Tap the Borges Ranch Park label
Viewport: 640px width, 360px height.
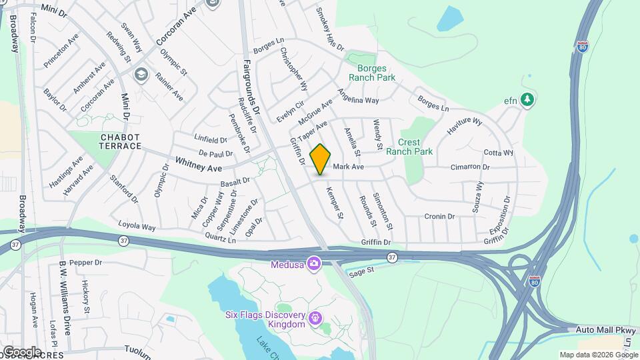pos(376,73)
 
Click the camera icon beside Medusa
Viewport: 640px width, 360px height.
pos(314,263)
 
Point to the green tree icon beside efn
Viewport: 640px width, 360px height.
pos(528,99)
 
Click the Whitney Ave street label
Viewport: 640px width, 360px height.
pos(198,164)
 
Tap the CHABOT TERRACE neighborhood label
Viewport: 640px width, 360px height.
pos(121,141)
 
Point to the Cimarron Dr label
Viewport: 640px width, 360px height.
pos(470,167)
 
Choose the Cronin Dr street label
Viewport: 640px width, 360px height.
pos(439,216)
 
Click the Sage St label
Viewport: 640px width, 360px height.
pos(362,271)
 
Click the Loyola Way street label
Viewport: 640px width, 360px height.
pos(137,226)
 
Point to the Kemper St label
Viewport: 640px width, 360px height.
pos(334,203)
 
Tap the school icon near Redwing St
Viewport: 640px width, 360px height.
pos(141,74)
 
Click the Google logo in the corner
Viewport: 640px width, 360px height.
pos(22,351)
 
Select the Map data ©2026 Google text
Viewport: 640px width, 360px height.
pos(599,355)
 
